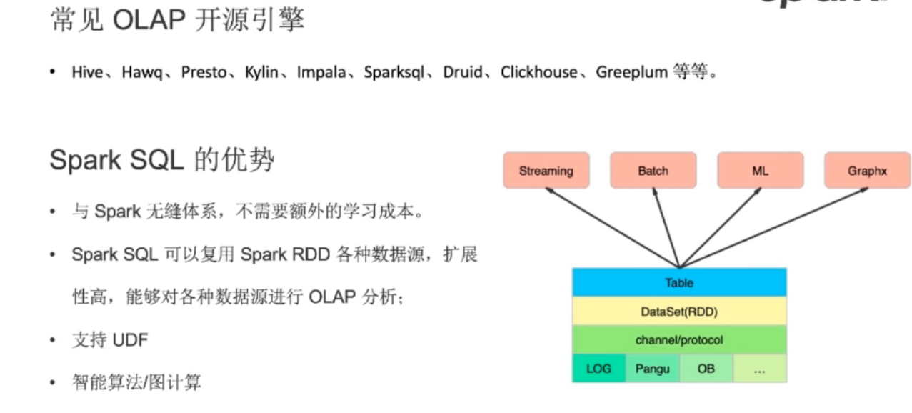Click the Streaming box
[x=546, y=171]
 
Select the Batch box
[x=653, y=171]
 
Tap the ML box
[x=760, y=171]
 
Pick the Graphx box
[x=867, y=171]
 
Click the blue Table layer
[x=679, y=283]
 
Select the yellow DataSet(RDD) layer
[x=679, y=312]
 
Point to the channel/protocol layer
[x=679, y=340]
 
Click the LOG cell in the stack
[x=598, y=369]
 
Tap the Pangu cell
[x=652, y=369]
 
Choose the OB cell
[x=706, y=369]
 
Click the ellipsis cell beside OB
[x=759, y=369]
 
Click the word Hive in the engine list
[x=86, y=72]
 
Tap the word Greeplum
[x=631, y=72]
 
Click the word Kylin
[x=261, y=72]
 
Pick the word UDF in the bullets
[x=130, y=340]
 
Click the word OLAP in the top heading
[x=147, y=20]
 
